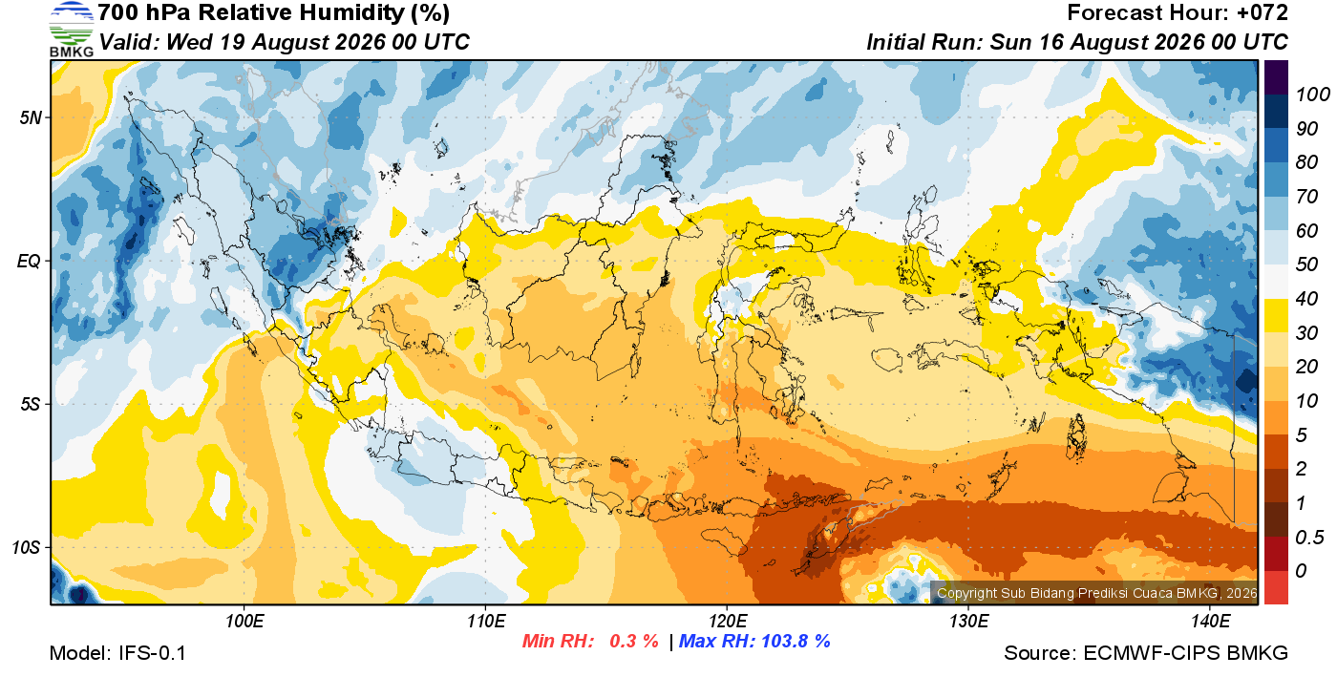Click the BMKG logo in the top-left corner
tap(72, 30)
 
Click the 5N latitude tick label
tap(31, 117)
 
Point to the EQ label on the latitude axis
tap(30, 261)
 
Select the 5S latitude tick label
tap(31, 404)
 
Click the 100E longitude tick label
tap(244, 622)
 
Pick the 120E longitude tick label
tap(727, 622)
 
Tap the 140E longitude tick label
tap(1210, 622)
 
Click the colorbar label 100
tap(1312, 95)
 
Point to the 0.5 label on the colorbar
tap(1308, 538)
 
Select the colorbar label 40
tap(1306, 299)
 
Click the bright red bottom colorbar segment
tap(1276, 587)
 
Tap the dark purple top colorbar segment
tap(1276, 77)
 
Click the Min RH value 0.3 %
tap(634, 641)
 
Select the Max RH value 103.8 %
tap(796, 641)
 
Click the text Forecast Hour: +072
tap(1177, 12)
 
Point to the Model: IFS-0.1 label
tap(117, 653)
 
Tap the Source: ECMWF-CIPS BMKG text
tap(1146, 653)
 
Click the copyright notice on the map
tap(1096, 593)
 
